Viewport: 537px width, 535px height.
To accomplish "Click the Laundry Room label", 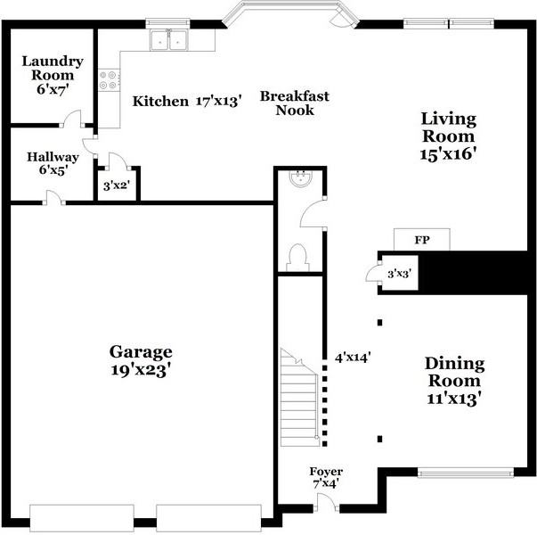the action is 53,68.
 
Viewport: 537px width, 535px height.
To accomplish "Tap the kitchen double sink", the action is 168,40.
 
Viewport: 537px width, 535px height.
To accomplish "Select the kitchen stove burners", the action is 108,80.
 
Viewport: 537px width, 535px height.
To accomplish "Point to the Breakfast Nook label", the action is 295,103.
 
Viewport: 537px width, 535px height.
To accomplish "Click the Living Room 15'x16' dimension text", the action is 448,154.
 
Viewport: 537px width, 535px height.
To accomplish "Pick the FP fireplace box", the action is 421,239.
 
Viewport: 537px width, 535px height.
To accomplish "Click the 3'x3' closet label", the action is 399,274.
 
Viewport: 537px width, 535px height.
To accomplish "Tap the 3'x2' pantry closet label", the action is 117,185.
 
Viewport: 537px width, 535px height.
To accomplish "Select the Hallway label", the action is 53,157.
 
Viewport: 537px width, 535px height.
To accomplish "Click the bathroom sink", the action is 301,178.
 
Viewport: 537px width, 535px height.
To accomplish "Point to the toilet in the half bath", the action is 298,258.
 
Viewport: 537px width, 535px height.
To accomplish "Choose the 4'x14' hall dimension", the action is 353,358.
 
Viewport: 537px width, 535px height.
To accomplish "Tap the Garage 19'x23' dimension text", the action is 141,370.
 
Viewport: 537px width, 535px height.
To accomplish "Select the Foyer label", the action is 326,472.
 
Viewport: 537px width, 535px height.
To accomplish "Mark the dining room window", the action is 466,473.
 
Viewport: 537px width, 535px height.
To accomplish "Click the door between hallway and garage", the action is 53,198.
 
